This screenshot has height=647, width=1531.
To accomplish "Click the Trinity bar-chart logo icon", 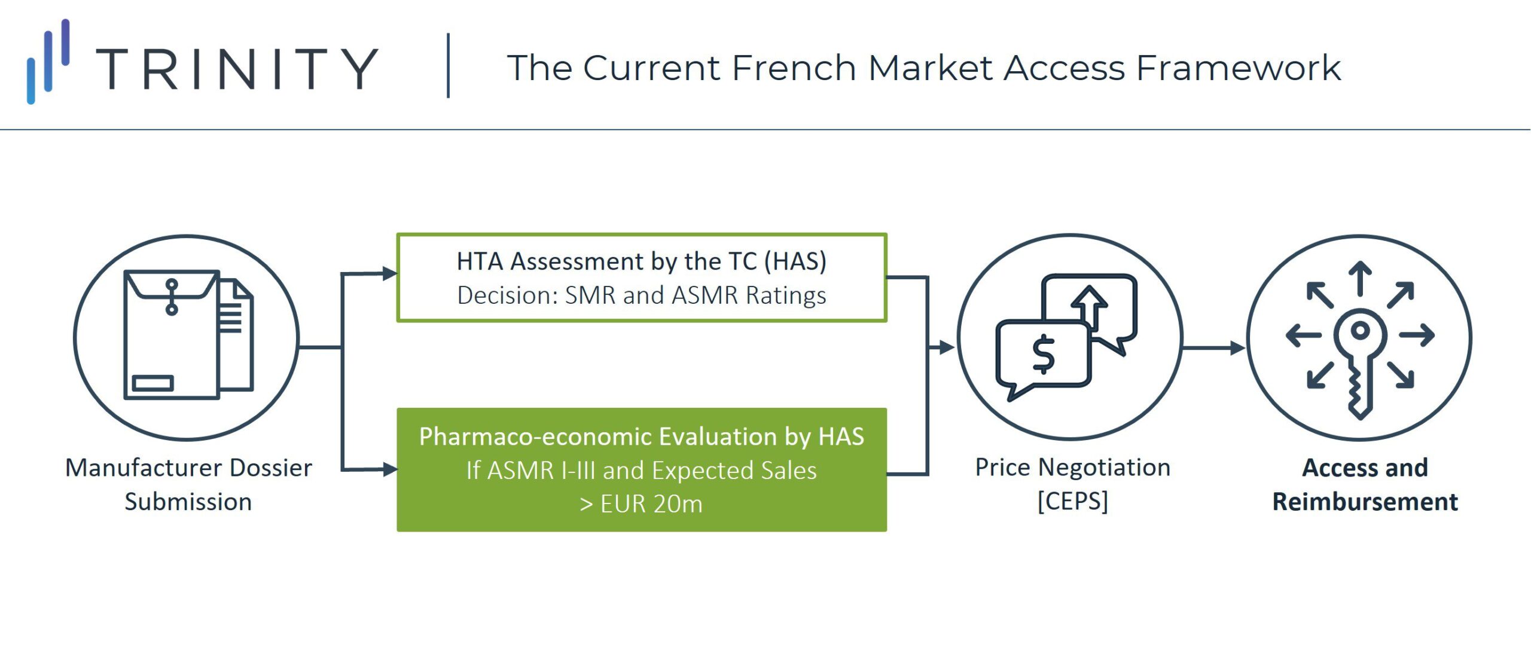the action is pos(48,62).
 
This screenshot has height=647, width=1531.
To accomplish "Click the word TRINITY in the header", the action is pos(237,69).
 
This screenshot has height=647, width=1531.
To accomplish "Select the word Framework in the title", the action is pos(1239,67).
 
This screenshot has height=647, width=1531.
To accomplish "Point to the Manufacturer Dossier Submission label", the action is pos(188,484).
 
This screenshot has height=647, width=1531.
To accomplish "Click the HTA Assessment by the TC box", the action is pos(642,277).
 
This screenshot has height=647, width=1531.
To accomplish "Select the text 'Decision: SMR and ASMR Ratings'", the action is pos(642,295).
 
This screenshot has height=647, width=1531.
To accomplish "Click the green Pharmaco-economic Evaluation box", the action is pos(642,470).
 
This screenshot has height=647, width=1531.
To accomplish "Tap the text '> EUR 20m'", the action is pos(641,504).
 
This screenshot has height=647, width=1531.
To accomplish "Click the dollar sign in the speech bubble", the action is pos(1044,355).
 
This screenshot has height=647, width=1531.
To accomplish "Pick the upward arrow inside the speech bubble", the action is pos(1090,307).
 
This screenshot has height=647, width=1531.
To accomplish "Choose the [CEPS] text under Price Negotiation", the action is pos(1073,501).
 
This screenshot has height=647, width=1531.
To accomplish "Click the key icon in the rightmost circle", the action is pos(1360,362).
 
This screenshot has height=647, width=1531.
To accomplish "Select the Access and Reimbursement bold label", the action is pos(1365,484).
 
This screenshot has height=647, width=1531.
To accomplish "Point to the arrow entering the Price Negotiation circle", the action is pos(941,347).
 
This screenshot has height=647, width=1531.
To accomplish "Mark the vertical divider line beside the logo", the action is pos(448,65).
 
